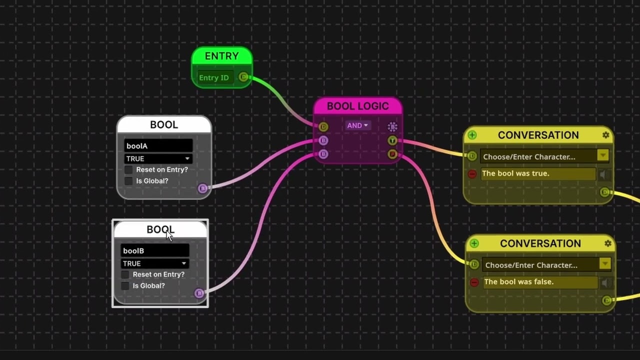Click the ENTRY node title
[221, 56]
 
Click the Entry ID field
[214, 77]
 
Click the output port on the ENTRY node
[243, 77]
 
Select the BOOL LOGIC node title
[357, 106]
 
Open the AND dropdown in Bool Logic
[357, 125]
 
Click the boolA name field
[158, 146]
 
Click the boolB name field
[154, 251]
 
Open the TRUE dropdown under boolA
[158, 158]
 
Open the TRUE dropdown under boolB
[154, 263]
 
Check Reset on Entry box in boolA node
[128, 169]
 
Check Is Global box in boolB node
[125, 286]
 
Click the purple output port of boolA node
[202, 188]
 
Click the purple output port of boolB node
[199, 293]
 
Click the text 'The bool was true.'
[515, 173]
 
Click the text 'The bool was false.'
[518, 282]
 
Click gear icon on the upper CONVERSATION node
[606, 135]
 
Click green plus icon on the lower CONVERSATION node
[474, 243]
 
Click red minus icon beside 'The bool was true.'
[472, 174]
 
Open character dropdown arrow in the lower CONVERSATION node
[605, 264]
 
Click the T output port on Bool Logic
[392, 140]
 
